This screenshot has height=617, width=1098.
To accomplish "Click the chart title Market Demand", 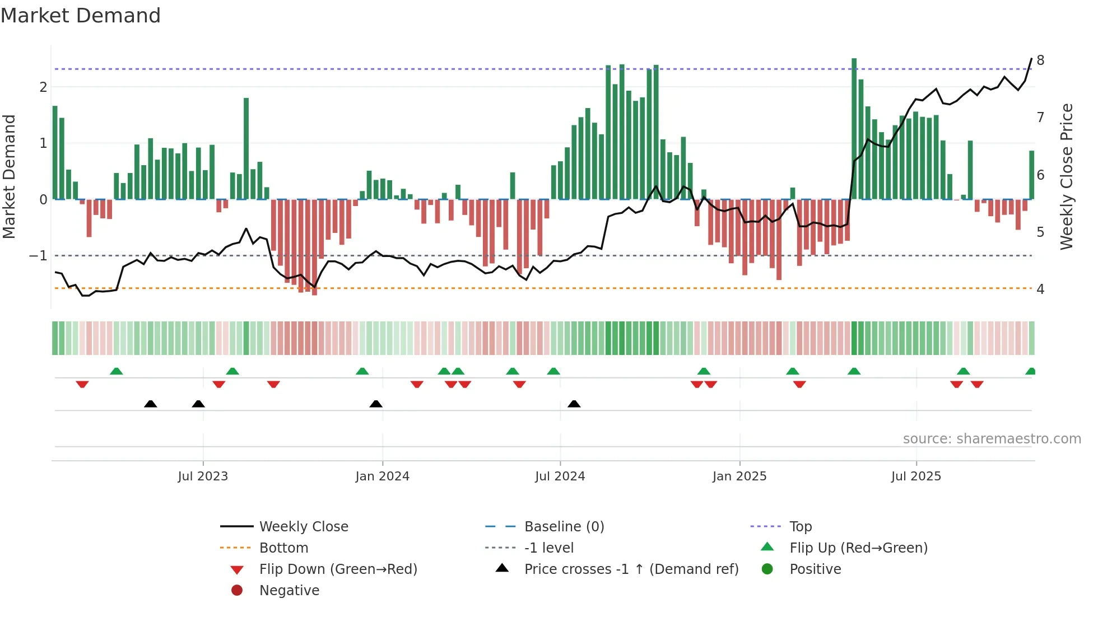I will tap(81, 16).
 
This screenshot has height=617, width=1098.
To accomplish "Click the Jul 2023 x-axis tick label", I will tap(203, 476).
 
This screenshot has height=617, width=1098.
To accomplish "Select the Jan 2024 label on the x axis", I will tap(382, 476).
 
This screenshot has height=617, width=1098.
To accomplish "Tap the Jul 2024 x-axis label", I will tap(560, 476).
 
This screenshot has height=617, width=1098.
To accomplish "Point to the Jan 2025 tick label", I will tap(739, 476).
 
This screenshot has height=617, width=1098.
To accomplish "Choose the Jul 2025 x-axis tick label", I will tap(916, 476).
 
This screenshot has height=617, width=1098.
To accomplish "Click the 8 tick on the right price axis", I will tap(1040, 60).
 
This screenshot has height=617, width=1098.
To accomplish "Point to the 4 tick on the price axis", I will tap(1040, 289).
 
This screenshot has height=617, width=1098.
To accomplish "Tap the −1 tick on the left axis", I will tap(39, 256).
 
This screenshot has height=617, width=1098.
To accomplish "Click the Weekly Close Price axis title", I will tap(1067, 176).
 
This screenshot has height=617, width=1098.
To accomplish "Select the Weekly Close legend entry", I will tap(303, 527).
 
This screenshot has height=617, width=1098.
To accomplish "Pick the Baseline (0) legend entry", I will tap(564, 527).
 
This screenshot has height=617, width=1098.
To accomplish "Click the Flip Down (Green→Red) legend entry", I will tap(338, 569).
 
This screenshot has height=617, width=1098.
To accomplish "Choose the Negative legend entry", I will tap(289, 591).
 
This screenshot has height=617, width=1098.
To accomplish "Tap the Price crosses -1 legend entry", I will tap(631, 569).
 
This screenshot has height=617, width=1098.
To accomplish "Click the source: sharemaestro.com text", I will tap(992, 439).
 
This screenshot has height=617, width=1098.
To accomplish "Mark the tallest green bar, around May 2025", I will tap(854, 129).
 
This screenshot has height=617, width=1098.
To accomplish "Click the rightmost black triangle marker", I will tap(574, 404).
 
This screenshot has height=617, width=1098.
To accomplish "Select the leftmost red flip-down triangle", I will tap(82, 384).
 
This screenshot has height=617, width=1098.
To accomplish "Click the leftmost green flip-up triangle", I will tap(116, 371).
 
